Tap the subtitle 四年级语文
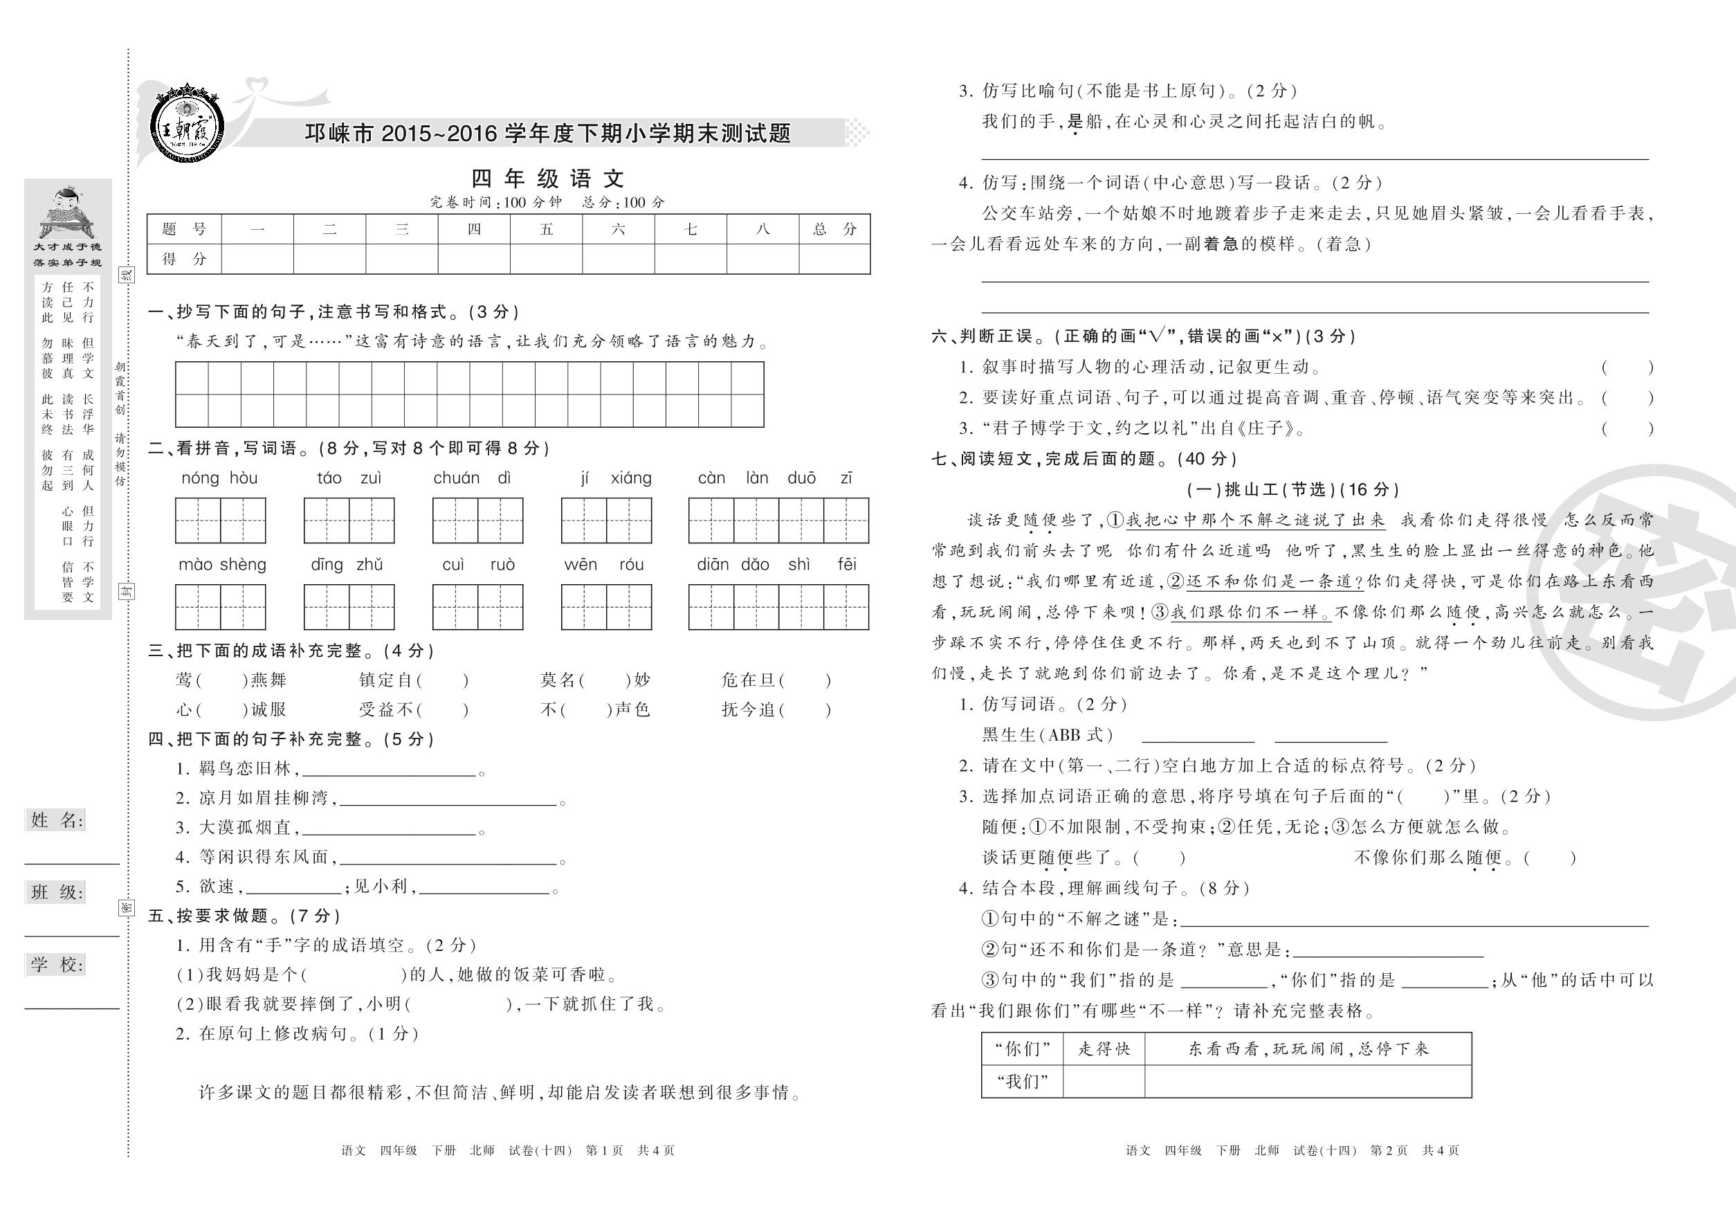tap(548, 179)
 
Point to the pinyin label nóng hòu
tap(219, 478)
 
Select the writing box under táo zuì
tap(349, 520)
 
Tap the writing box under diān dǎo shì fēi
tap(778, 607)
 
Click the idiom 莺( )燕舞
tap(231, 680)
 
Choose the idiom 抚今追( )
tap(776, 709)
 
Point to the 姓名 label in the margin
tap(57, 820)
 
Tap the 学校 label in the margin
tap(57, 964)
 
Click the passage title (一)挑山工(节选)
tap(1293, 489)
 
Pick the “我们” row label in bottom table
tap(1022, 1081)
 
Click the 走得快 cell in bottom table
tap(1104, 1049)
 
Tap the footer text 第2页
tap(1389, 1150)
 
